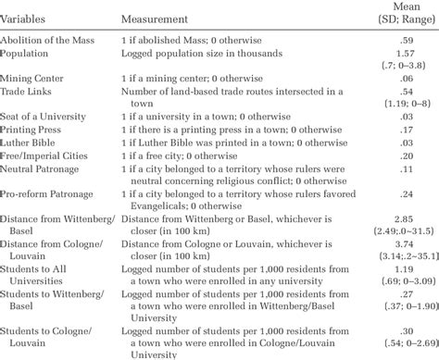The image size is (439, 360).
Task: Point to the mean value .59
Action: pyautogui.click(x=405, y=40)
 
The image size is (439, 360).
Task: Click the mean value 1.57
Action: pyautogui.click(x=405, y=55)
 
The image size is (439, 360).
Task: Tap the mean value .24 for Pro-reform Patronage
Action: pyautogui.click(x=405, y=197)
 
